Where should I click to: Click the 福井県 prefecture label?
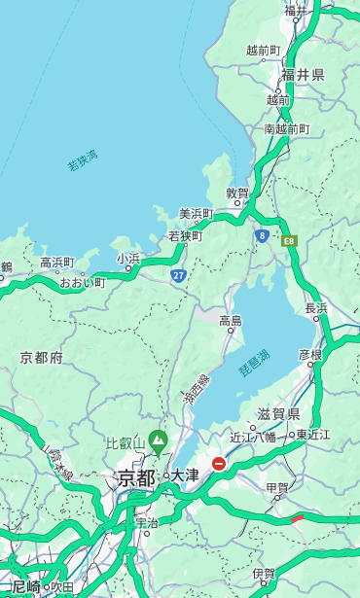303,75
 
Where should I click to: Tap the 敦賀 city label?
237,193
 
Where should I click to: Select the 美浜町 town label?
196,214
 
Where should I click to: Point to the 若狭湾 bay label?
82,160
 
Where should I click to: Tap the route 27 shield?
178,276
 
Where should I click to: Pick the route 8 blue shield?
263,235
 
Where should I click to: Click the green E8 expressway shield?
288,240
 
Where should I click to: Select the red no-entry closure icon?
219,464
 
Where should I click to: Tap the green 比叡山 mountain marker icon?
157,445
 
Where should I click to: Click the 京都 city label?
136,477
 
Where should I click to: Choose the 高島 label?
231,321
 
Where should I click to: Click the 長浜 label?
317,308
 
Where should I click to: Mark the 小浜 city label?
128,259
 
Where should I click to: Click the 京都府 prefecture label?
42,358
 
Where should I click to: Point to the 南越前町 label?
286,129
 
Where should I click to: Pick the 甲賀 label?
278,487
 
